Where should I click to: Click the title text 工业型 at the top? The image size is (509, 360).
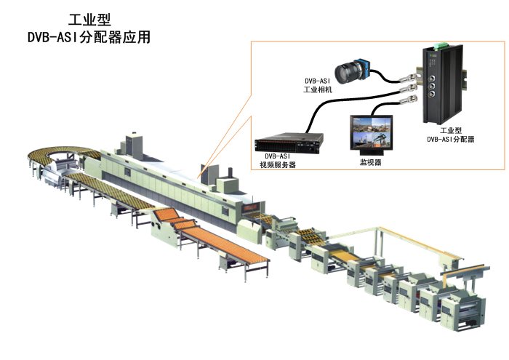point(89,20)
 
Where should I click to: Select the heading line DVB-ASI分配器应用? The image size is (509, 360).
point(89,36)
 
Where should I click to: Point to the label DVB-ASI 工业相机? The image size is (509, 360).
point(318,85)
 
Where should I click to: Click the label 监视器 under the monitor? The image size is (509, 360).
point(372,162)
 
